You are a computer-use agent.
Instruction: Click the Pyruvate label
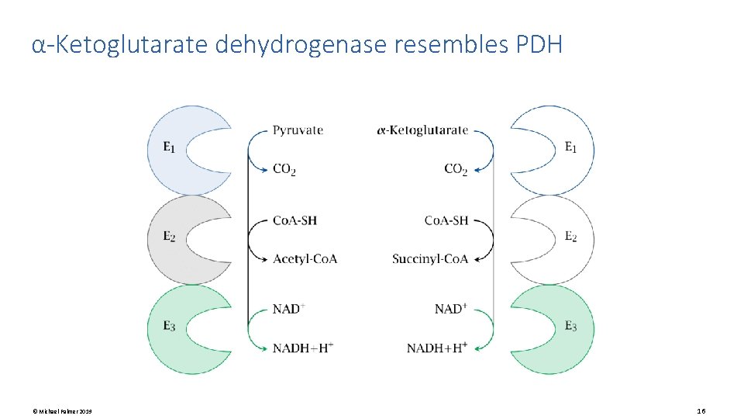point(298,130)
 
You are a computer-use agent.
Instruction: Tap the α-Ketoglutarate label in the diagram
point(422,130)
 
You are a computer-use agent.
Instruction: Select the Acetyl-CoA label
point(305,258)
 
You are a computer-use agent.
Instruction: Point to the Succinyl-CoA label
point(430,258)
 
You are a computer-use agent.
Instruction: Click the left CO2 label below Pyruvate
point(284,169)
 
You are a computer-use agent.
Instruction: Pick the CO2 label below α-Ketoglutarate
point(456,169)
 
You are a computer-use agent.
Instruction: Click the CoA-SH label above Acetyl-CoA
point(294,220)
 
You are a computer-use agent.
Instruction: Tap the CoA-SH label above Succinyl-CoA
point(446,220)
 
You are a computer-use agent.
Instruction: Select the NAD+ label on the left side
point(288,309)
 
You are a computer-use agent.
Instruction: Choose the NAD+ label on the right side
point(451,309)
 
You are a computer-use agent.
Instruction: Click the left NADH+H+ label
point(303,348)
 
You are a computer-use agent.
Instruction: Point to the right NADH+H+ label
point(437,348)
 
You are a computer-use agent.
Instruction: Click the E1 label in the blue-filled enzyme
point(169,146)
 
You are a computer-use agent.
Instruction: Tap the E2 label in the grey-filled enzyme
point(169,236)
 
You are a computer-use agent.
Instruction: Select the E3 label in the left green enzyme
point(169,327)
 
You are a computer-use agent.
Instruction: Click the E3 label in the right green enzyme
point(570,327)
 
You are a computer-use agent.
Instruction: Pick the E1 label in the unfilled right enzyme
point(570,146)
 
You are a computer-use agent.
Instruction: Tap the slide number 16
point(701,410)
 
